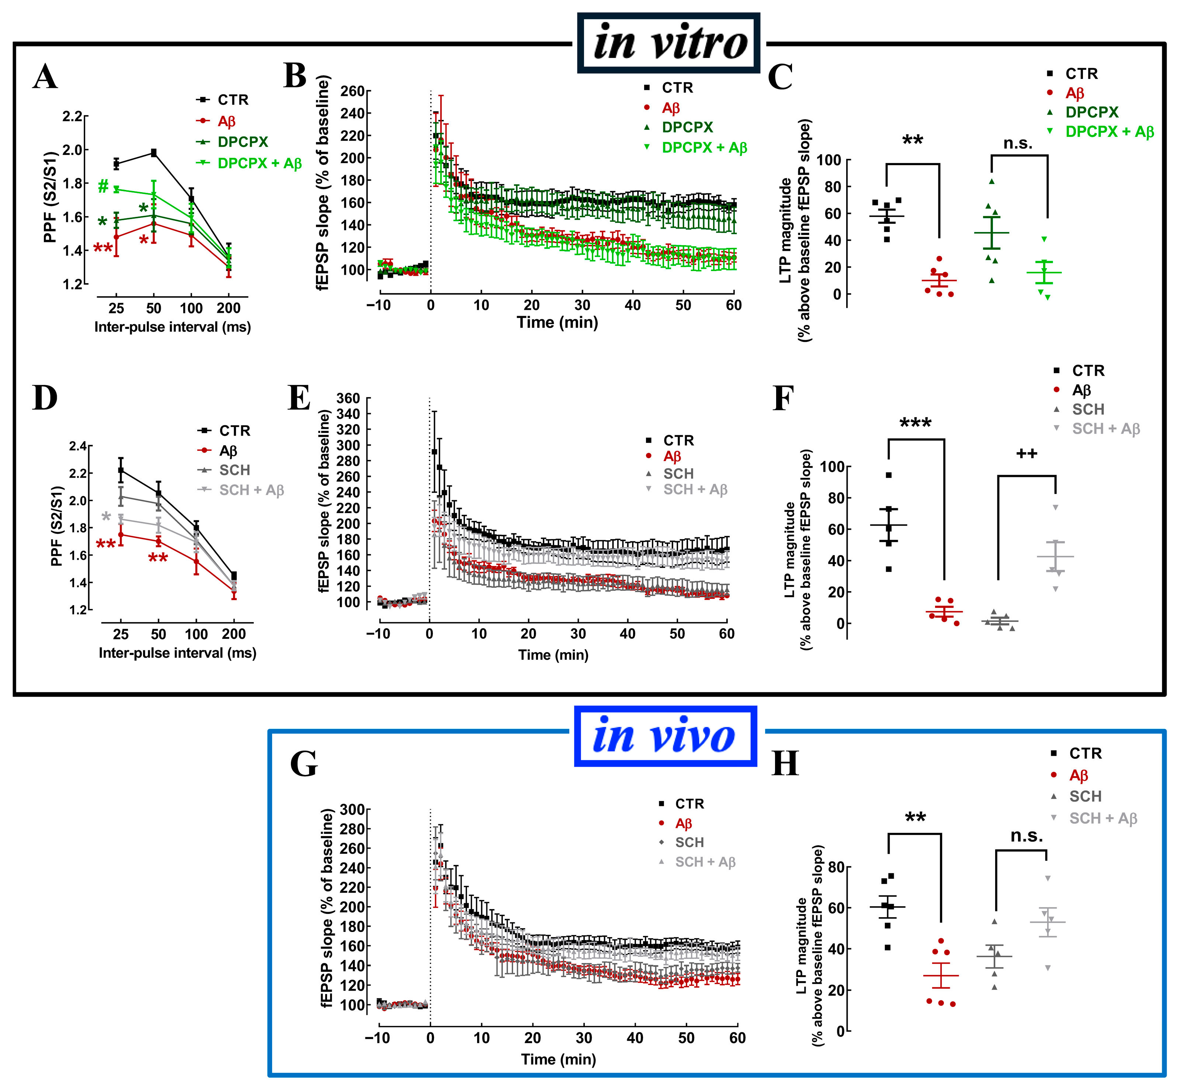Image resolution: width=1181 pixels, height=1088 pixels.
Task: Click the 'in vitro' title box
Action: tap(669, 43)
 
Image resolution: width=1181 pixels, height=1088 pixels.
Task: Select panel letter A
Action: tap(45, 77)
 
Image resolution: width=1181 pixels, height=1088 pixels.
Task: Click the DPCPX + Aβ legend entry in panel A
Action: tap(249, 163)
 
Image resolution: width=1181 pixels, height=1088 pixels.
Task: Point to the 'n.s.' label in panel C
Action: tap(1018, 143)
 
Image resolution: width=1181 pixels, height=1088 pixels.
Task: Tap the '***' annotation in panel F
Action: tap(916, 423)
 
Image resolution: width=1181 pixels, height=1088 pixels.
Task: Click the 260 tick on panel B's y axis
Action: tap(352, 91)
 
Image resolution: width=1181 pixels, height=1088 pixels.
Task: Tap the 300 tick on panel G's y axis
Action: tap(352, 810)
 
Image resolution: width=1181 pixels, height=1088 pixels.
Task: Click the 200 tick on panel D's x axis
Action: tap(234, 634)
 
